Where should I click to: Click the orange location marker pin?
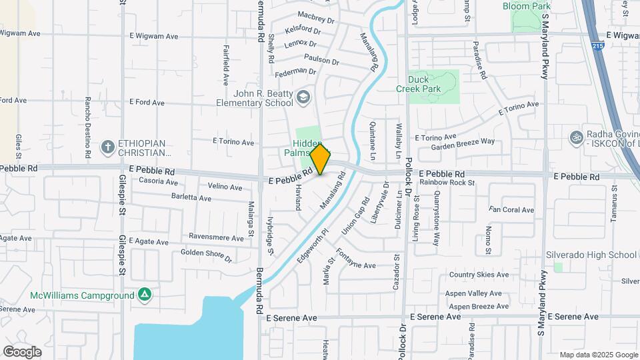click(x=320, y=159)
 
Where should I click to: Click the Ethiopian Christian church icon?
click(x=107, y=146)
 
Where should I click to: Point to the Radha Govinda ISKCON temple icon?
click(x=575, y=138)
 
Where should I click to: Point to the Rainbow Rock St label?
click(x=447, y=182)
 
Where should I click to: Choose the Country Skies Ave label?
click(x=479, y=275)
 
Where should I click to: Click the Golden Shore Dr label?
click(x=206, y=255)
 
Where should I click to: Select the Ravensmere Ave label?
click(x=216, y=237)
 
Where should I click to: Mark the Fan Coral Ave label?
click(x=511, y=209)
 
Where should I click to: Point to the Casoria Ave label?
click(x=157, y=181)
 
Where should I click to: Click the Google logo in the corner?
click(x=22, y=351)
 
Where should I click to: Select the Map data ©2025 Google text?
click(x=598, y=355)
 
